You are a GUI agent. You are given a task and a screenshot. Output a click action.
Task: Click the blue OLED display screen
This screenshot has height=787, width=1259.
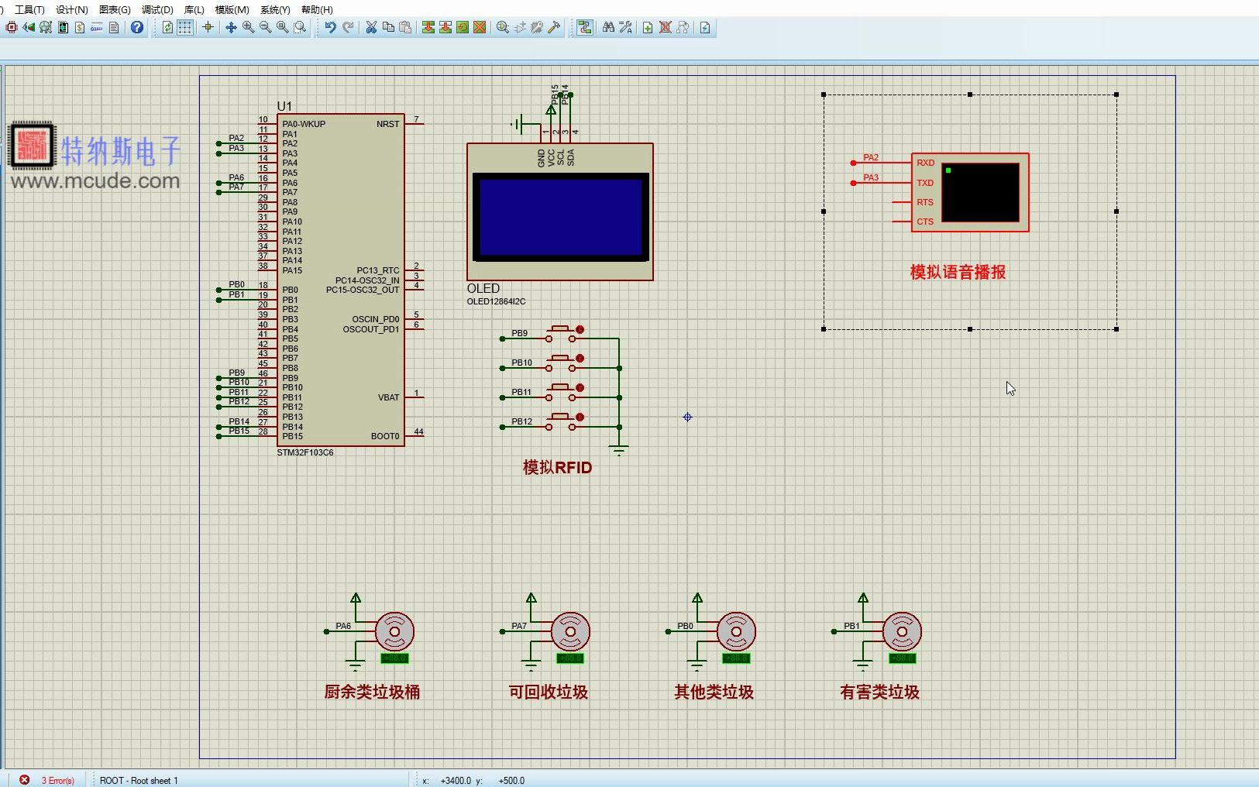pyautogui.click(x=560, y=217)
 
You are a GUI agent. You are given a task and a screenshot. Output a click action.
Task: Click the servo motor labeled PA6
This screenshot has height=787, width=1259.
pyautogui.click(x=394, y=632)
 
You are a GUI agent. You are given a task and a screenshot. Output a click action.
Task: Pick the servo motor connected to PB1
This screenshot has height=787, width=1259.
pyautogui.click(x=901, y=632)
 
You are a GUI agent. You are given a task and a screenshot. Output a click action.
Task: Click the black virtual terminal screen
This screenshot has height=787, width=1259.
pyautogui.click(x=980, y=192)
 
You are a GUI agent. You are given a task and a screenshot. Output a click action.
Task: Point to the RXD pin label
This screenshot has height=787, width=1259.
pyautogui.click(x=925, y=163)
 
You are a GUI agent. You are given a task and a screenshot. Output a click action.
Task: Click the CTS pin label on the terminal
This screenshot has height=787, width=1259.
pyautogui.click(x=925, y=222)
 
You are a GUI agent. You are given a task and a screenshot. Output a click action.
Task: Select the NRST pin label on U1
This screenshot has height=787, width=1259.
pyautogui.click(x=388, y=124)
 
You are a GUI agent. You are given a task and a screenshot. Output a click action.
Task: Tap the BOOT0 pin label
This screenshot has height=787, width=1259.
pyautogui.click(x=385, y=436)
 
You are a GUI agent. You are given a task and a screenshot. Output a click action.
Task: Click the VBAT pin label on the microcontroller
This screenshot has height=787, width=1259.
pyautogui.click(x=389, y=397)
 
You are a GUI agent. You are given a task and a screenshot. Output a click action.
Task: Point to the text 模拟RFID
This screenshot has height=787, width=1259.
pyautogui.click(x=557, y=467)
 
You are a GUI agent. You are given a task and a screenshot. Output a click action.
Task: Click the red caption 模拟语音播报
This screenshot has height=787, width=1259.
pyautogui.click(x=958, y=272)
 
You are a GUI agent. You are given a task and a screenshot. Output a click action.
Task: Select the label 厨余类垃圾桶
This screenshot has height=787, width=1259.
pyautogui.click(x=372, y=692)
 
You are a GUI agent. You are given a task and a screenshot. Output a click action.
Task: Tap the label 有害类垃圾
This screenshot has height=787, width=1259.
pyautogui.click(x=879, y=692)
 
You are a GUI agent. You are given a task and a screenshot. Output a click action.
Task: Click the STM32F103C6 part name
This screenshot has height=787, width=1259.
pyautogui.click(x=305, y=452)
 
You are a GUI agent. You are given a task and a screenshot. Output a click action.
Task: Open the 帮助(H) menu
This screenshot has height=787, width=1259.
pyautogui.click(x=317, y=10)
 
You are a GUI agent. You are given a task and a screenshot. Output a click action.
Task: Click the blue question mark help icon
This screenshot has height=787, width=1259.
pyautogui.click(x=137, y=28)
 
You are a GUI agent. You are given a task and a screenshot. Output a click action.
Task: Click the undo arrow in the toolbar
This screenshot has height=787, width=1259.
pyautogui.click(x=330, y=28)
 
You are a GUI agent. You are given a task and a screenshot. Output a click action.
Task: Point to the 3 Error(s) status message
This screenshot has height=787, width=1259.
pyautogui.click(x=58, y=780)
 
